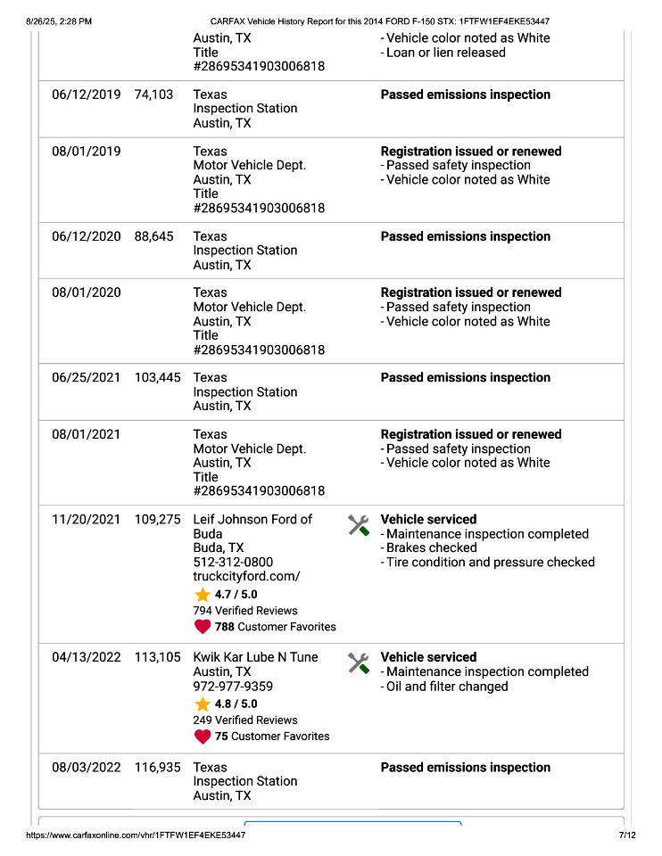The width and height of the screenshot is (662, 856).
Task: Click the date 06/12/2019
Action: (x=86, y=95)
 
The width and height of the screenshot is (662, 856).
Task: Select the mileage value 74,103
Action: (x=153, y=95)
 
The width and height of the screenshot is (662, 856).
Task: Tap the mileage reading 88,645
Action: (x=153, y=236)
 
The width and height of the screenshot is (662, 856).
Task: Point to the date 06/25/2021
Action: (x=86, y=377)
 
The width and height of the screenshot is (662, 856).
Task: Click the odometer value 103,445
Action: (x=157, y=377)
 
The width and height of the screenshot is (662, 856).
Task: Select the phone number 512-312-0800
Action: (x=233, y=562)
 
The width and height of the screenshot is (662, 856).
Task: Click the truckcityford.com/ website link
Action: (x=246, y=576)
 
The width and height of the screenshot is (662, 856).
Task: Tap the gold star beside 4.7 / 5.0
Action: (x=203, y=595)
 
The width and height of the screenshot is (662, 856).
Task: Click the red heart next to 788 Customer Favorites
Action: (x=203, y=627)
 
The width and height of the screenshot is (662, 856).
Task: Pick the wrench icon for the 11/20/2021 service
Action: (x=359, y=525)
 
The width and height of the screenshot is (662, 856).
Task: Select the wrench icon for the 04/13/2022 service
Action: (x=359, y=663)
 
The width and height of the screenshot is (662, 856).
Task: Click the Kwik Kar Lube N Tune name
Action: (x=255, y=657)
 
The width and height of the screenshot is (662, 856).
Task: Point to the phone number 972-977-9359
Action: (x=233, y=686)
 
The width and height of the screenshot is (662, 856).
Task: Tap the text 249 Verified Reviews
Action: (x=245, y=720)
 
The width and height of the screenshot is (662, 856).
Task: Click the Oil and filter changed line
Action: (x=446, y=686)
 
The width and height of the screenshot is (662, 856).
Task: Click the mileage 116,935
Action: (x=157, y=767)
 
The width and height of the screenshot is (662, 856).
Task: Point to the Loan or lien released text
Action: (x=445, y=53)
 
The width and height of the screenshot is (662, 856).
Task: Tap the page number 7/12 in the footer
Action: (x=626, y=835)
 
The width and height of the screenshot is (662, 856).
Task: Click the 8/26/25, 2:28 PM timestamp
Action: (x=60, y=21)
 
